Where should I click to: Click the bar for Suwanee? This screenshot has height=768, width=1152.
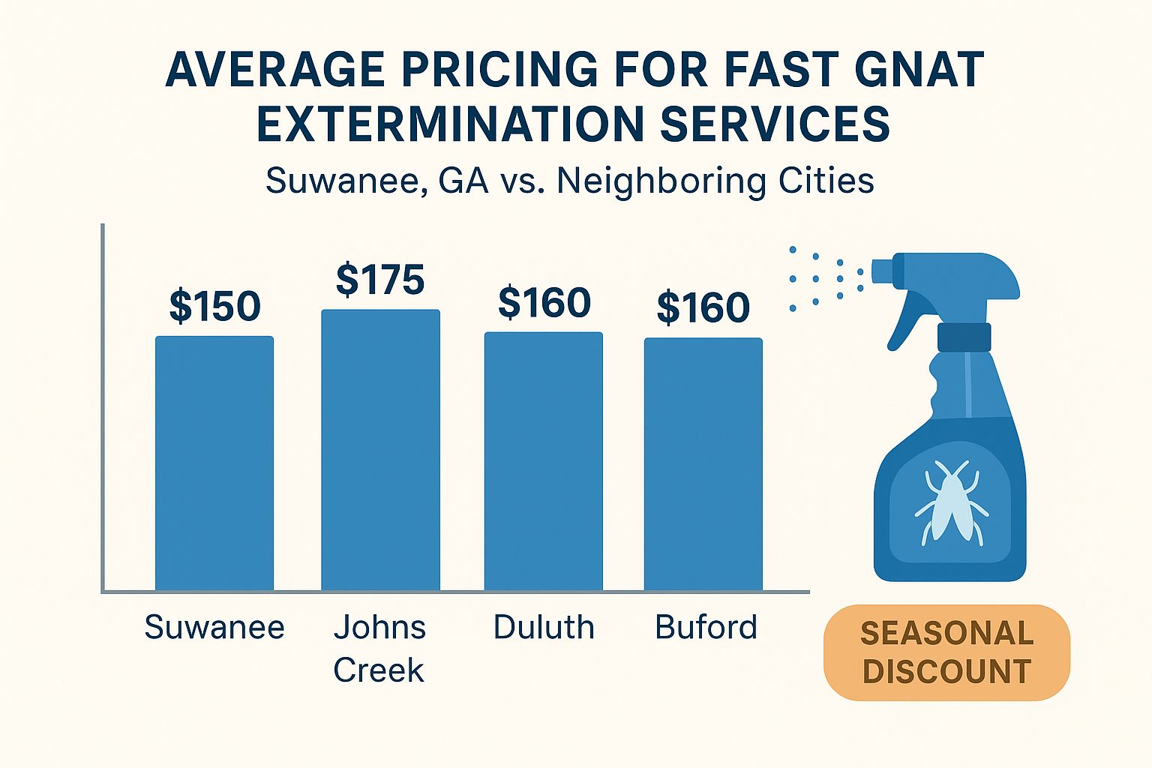(x=214, y=463)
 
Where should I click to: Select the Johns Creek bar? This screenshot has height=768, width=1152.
(x=380, y=450)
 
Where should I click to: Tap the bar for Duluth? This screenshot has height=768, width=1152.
(x=544, y=461)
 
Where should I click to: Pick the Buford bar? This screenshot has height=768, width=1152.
(x=703, y=464)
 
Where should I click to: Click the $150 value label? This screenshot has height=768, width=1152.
(x=214, y=306)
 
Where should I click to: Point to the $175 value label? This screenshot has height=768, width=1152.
(x=380, y=280)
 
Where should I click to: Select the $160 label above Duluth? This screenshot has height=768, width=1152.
(x=544, y=302)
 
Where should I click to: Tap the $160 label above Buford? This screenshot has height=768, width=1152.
(x=703, y=307)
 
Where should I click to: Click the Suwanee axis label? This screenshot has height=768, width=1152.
(x=214, y=627)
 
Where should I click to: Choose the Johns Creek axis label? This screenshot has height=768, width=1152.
(x=379, y=648)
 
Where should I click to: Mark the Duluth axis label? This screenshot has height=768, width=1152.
(x=544, y=627)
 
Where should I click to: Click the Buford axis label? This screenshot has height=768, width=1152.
(x=706, y=627)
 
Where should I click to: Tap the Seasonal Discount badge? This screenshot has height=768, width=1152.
(x=946, y=652)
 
